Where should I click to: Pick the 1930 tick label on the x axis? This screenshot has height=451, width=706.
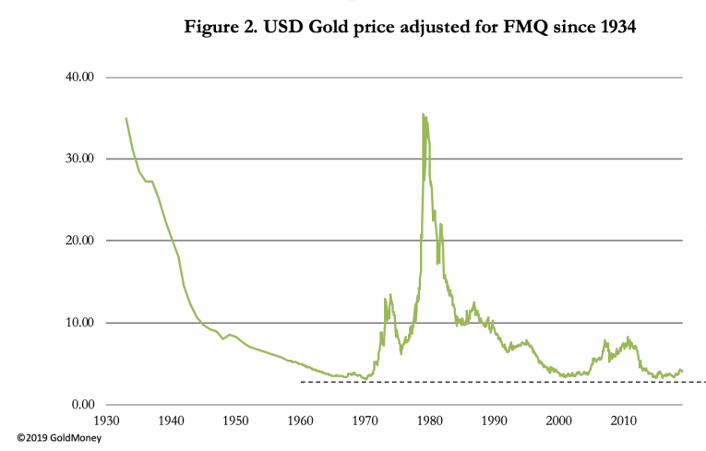coord(107,421)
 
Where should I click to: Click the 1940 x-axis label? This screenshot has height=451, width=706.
coord(172,421)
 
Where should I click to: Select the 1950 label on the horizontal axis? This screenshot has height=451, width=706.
coord(236,421)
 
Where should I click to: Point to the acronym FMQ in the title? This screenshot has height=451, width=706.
coord(530,28)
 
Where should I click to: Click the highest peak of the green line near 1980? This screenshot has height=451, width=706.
coord(423,114)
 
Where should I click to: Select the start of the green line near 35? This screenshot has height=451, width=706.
coord(126,118)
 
